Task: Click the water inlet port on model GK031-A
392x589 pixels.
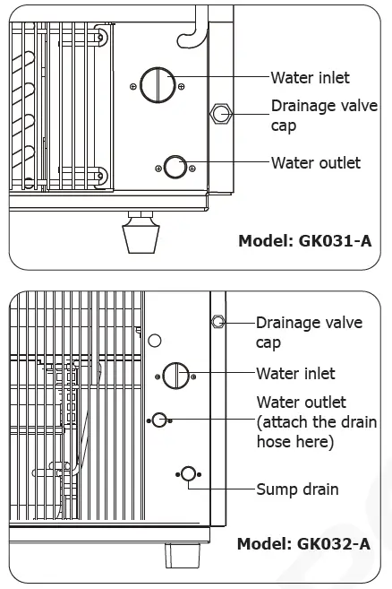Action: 158,84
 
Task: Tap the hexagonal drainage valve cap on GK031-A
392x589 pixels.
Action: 219,114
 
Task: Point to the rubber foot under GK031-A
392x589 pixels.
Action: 141,235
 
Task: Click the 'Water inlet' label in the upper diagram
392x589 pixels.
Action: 310,78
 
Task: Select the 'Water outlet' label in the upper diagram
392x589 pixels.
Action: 315,162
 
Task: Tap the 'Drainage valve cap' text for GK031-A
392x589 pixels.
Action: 318,116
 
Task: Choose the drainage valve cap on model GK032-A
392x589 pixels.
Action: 217,321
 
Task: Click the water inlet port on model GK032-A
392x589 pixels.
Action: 175,375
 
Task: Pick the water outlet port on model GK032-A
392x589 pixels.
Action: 159,419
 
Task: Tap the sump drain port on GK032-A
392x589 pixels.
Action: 188,474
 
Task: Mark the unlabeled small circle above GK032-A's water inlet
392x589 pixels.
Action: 155,341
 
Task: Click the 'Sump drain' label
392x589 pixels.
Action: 297,489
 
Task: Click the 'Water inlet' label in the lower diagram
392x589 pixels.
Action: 295,373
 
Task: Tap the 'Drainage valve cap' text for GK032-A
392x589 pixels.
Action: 309,332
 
